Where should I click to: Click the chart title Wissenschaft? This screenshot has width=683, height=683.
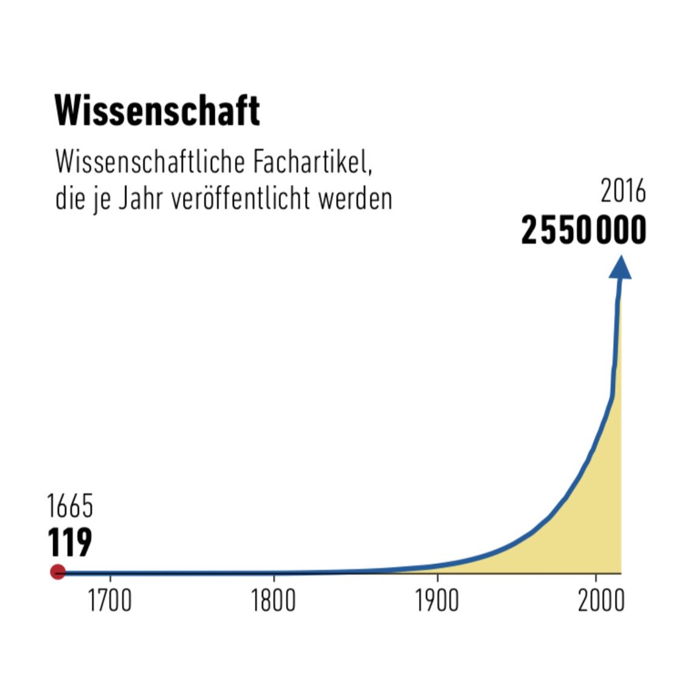click(157, 111)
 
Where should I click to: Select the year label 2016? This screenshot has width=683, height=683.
click(623, 192)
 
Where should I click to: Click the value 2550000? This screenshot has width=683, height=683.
click(583, 232)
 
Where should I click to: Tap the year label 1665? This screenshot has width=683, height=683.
click(70, 506)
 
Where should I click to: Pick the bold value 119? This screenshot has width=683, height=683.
click(70, 542)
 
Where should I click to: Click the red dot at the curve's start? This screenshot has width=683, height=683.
click(58, 572)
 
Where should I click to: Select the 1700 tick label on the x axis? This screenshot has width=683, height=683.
click(109, 601)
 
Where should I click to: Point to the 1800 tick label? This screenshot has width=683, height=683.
click(273, 601)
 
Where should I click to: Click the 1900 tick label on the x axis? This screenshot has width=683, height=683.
click(437, 601)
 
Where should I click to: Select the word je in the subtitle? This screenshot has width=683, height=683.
click(99, 200)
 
